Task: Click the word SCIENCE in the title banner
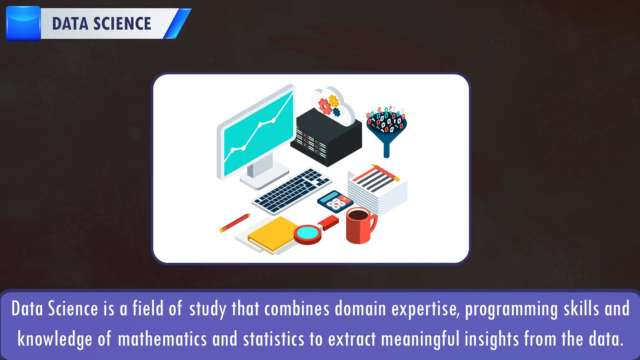(122, 24)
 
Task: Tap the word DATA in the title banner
(70, 24)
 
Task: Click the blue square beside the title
(23, 23)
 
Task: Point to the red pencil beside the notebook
(235, 223)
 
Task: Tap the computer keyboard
(292, 191)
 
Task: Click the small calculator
(335, 201)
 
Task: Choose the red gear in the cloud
(325, 106)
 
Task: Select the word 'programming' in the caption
(511, 309)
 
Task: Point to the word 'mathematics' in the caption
(162, 339)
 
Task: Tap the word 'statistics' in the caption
(274, 339)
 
